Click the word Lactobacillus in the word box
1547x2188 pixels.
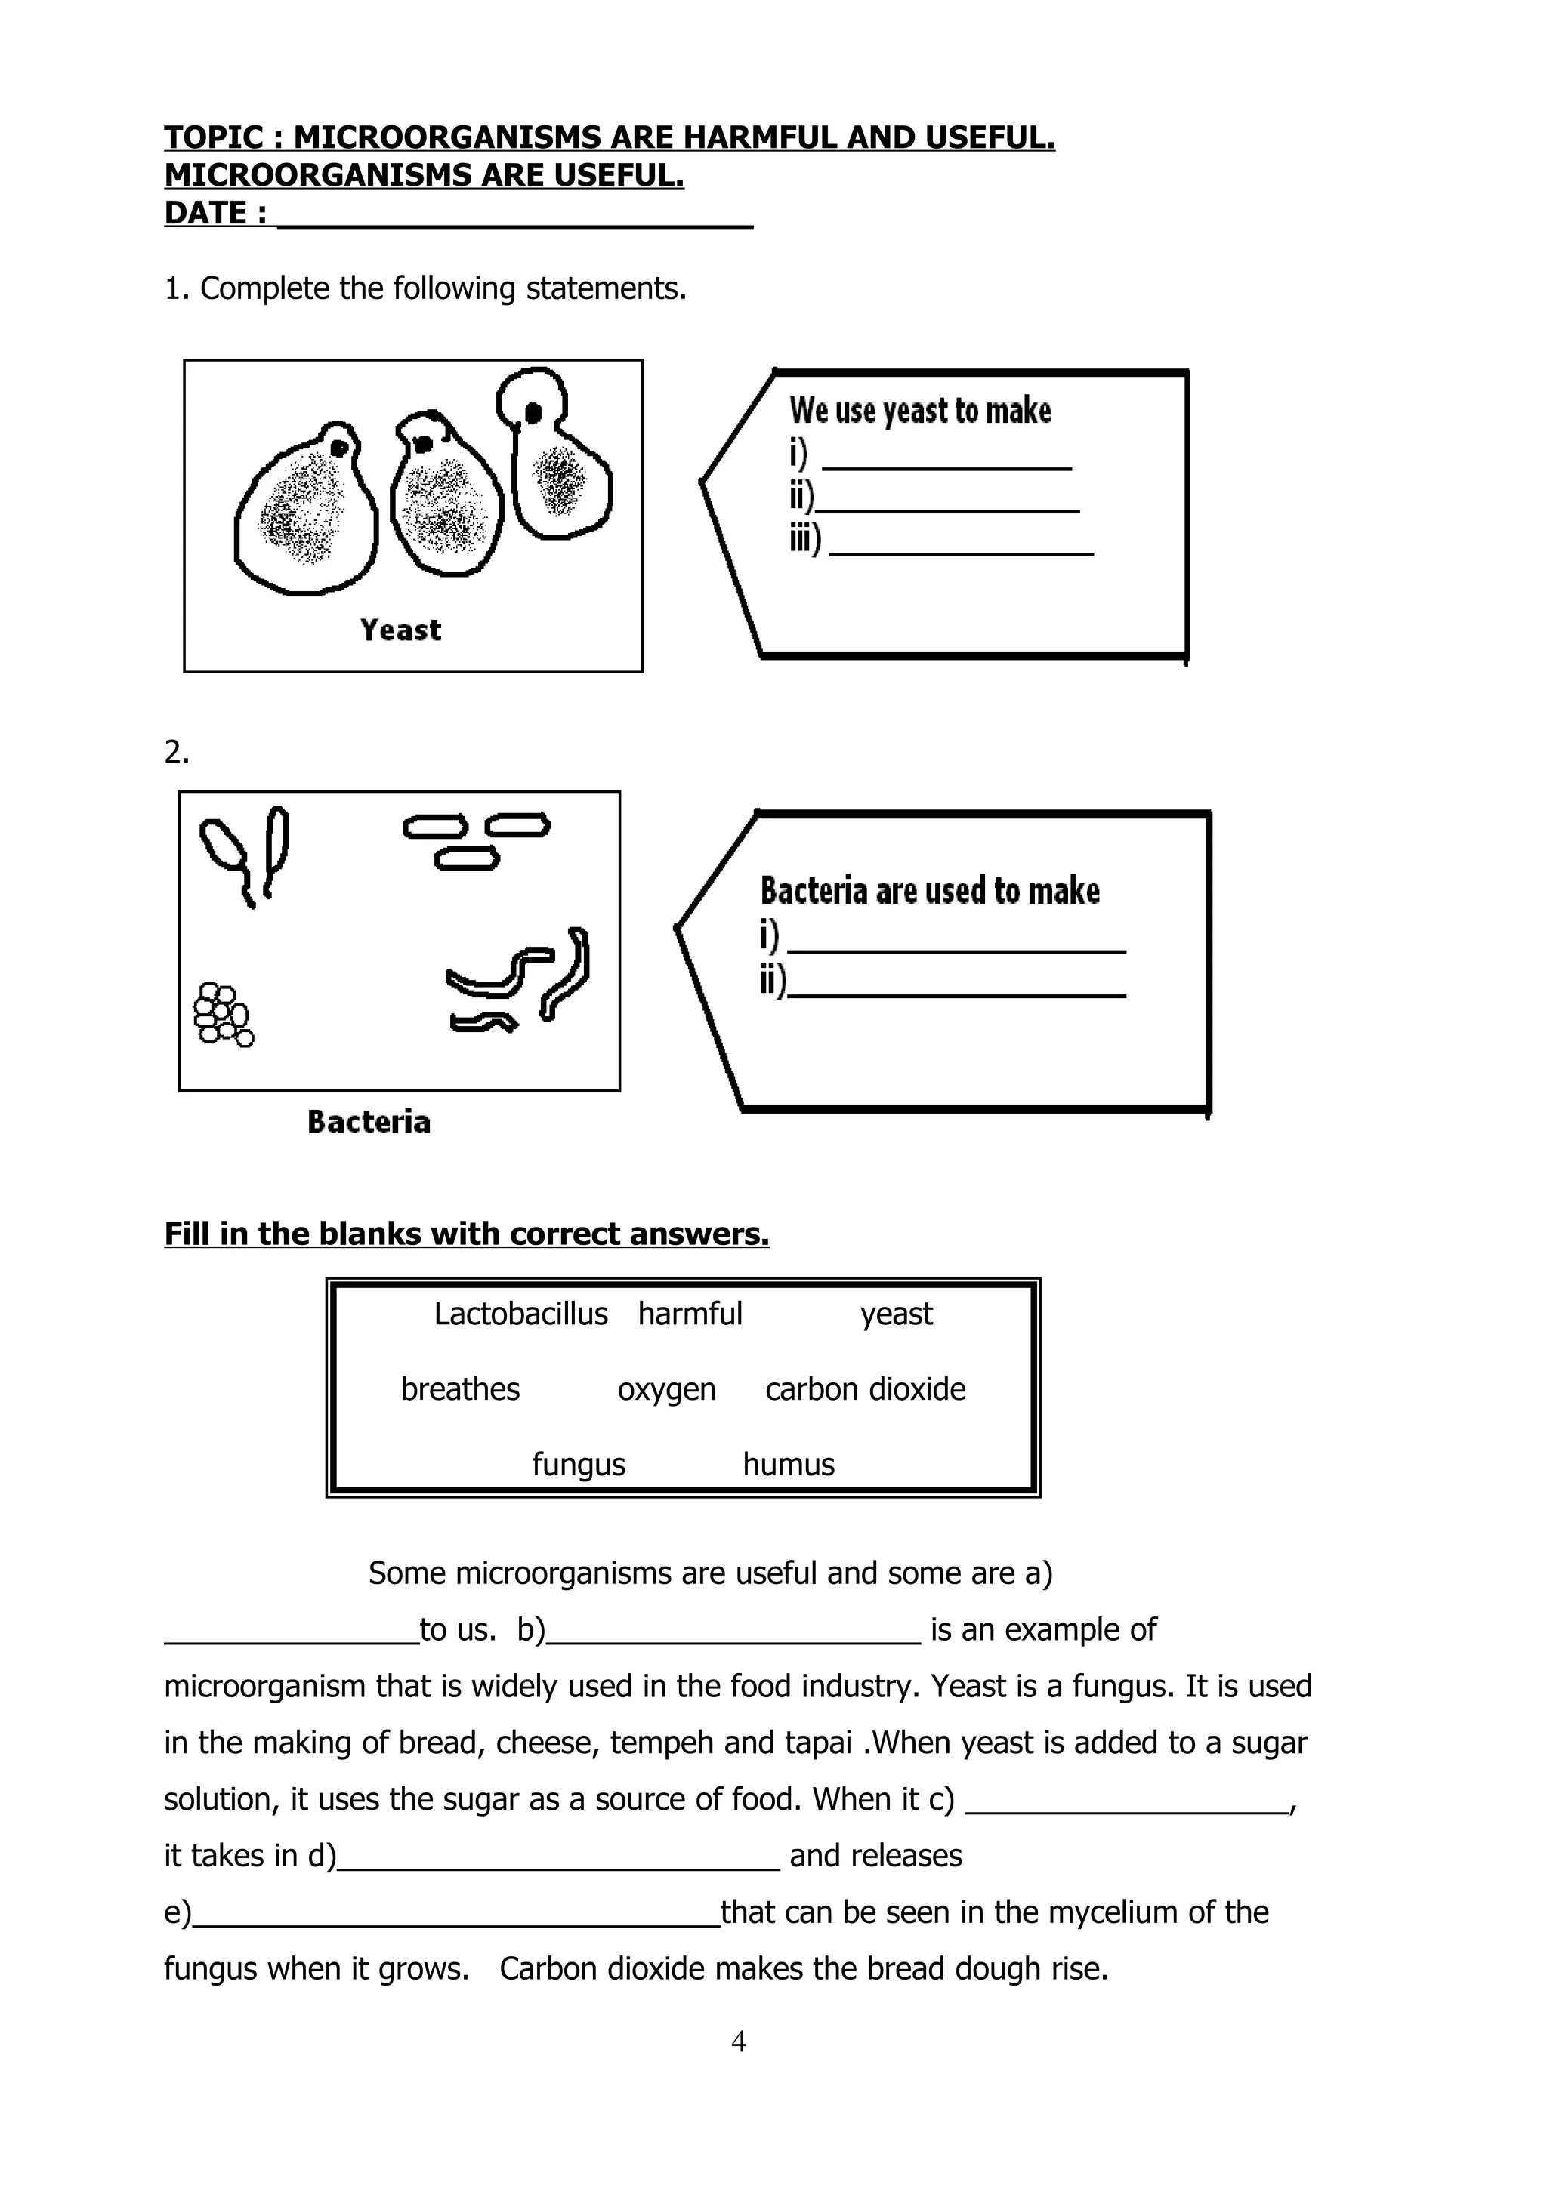click(520, 1314)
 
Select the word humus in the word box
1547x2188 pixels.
click(789, 1465)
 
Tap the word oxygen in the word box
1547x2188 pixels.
click(666, 1389)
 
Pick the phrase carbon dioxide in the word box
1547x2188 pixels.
click(865, 1389)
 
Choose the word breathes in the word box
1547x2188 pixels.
click(460, 1389)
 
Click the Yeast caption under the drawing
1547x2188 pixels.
click(400, 630)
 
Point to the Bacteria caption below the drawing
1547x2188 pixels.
click(369, 1122)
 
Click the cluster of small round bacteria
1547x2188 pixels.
click(223, 1015)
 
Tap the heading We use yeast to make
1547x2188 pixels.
click(920, 411)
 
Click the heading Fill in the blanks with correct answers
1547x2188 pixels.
click(466, 1234)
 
